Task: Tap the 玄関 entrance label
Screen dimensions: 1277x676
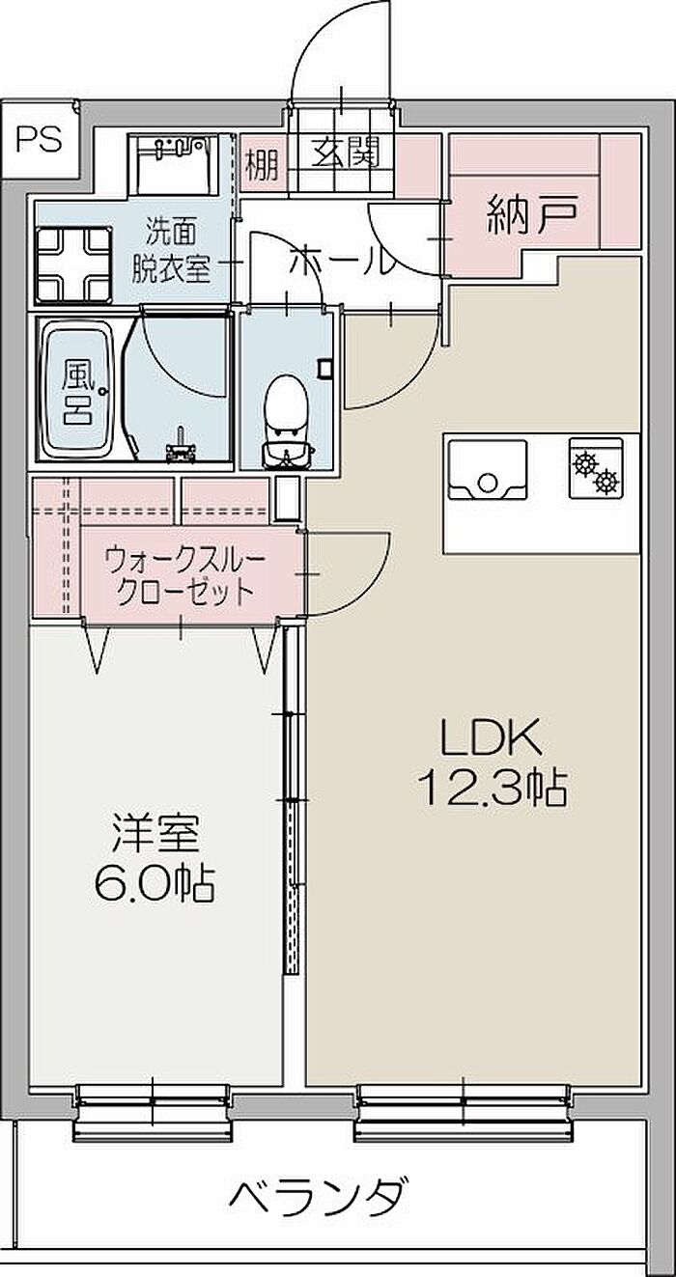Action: click(345, 153)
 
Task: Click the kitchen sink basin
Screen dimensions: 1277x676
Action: click(489, 471)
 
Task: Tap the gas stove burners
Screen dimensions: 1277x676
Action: click(596, 469)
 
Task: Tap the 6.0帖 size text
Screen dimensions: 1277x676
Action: click(155, 882)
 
